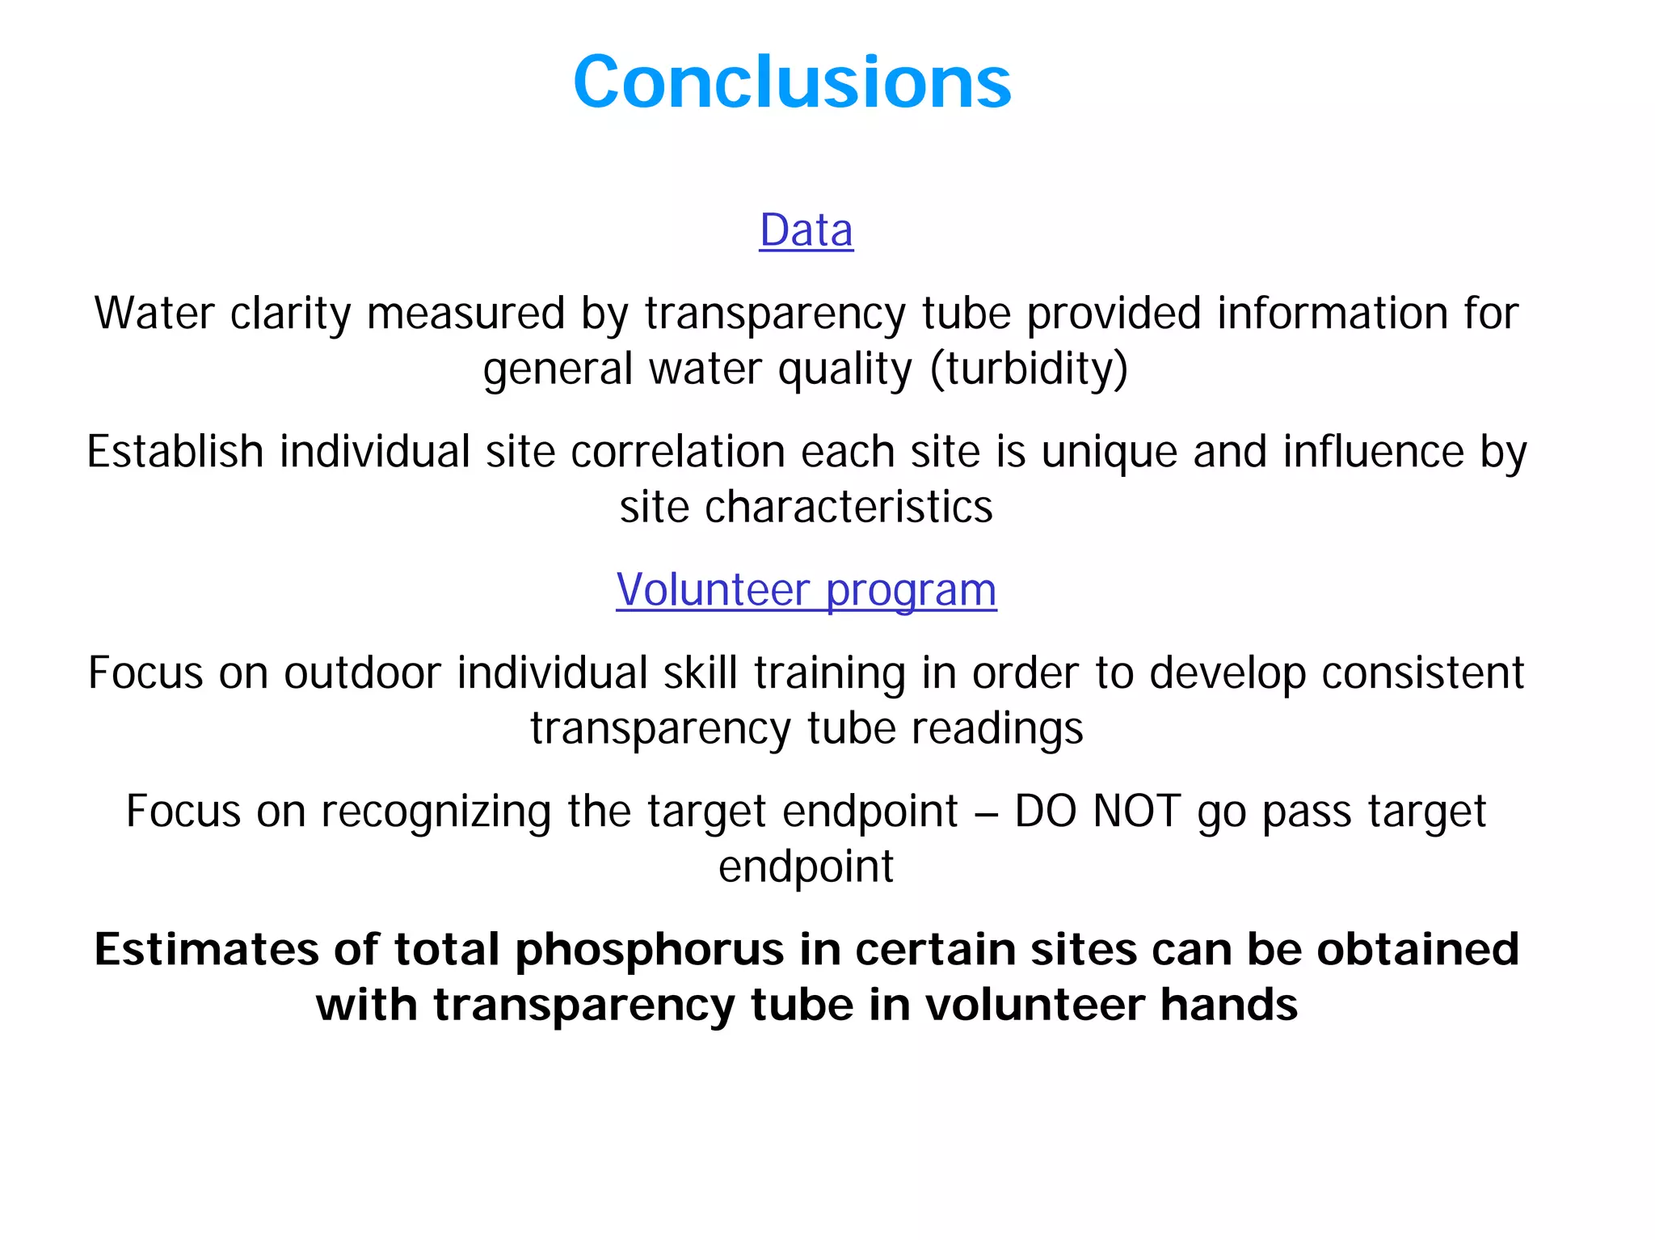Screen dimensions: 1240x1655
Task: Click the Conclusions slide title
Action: click(x=792, y=82)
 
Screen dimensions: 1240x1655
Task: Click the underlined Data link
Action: click(x=806, y=230)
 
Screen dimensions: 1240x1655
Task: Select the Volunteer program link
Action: click(x=806, y=589)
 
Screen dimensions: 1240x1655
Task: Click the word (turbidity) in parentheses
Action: click(x=1029, y=369)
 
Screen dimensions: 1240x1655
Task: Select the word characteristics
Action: click(x=849, y=507)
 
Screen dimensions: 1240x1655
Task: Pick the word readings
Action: click(x=997, y=728)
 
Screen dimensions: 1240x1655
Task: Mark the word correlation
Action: click(x=678, y=451)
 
